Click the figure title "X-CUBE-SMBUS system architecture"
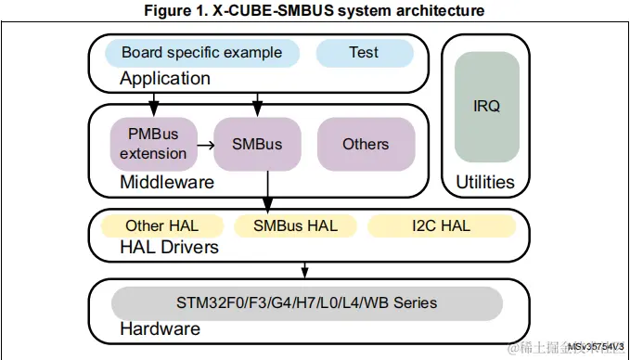(314, 11)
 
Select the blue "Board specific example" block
(200, 53)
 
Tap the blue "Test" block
(363, 53)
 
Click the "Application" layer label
(164, 79)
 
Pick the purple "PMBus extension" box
(153, 144)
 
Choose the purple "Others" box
(366, 144)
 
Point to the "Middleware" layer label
(166, 183)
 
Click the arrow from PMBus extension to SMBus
(206, 146)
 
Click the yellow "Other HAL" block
(161, 225)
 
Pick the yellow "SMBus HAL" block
(295, 225)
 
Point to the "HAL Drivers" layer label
(169, 247)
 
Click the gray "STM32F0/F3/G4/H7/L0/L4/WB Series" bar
(306, 303)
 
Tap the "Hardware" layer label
(160, 329)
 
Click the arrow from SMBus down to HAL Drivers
(268, 190)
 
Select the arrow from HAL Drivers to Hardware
(304, 270)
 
